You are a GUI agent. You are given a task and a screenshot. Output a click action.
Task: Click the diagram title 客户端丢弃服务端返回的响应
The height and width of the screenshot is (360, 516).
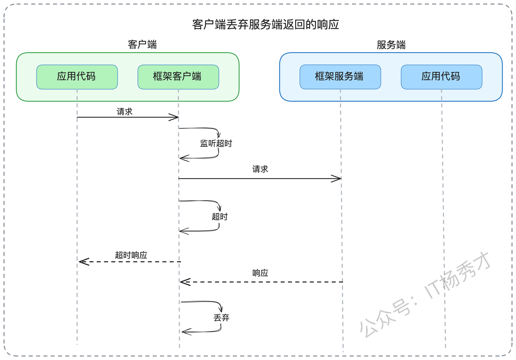[x=266, y=25]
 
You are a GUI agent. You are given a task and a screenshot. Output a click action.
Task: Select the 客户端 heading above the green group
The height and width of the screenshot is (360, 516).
[x=142, y=44]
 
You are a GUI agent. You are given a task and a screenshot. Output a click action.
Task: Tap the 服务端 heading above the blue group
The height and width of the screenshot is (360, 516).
[x=391, y=45]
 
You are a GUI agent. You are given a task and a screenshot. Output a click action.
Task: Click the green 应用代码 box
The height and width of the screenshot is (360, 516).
[x=77, y=77]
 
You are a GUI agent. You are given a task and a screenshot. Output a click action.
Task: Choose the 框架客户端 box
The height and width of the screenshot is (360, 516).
[x=178, y=77]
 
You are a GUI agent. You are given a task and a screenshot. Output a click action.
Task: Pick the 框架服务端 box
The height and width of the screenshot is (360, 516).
[x=340, y=77]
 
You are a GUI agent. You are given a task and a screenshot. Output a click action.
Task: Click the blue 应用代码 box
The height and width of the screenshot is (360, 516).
[x=441, y=77]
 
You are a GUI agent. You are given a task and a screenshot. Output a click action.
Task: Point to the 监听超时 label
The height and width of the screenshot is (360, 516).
[x=216, y=143]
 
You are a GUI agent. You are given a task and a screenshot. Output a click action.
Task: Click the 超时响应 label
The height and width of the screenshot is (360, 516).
[x=131, y=255]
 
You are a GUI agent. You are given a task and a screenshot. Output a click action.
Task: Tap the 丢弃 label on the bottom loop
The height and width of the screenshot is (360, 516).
[x=221, y=318]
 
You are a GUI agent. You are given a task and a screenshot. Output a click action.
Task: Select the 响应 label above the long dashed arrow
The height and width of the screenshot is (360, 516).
[x=260, y=273]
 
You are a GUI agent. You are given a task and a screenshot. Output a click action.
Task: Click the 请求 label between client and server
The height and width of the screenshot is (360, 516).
[x=260, y=169]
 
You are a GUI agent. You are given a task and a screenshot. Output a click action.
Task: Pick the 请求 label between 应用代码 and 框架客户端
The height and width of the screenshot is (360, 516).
[x=125, y=112]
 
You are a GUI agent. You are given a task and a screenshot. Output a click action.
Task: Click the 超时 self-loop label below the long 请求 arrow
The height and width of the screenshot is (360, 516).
[x=220, y=217]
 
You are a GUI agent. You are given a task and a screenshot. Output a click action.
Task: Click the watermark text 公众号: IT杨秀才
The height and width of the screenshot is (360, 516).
[x=425, y=295]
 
